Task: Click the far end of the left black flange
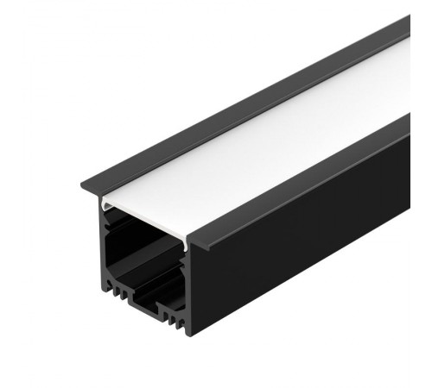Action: coord(403,21)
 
